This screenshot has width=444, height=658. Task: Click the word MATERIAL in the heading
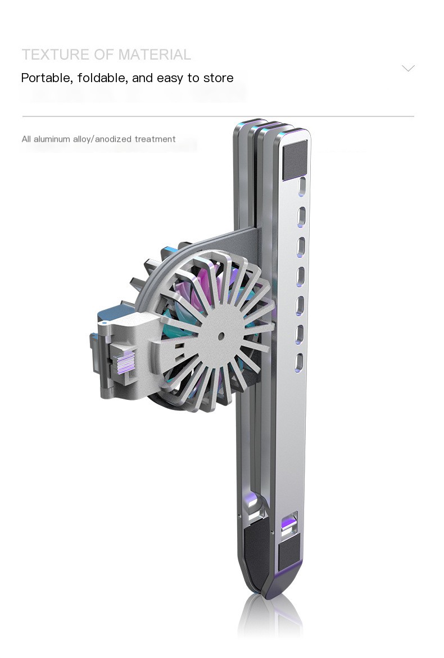click(155, 55)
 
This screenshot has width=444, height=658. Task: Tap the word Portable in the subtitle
click(47, 78)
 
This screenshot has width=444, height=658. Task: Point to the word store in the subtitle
click(219, 78)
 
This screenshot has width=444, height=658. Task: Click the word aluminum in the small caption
click(52, 139)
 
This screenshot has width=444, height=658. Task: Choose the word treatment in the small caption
click(155, 139)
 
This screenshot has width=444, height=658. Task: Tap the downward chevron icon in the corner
click(408, 68)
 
